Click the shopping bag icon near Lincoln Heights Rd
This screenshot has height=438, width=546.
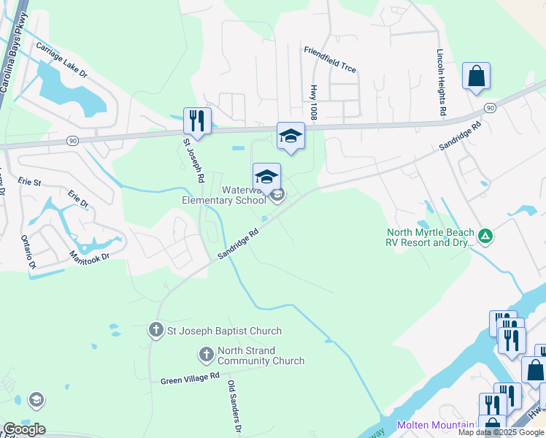(476, 77)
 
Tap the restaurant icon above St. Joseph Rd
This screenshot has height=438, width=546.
(197, 120)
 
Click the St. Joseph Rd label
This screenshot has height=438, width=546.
(194, 160)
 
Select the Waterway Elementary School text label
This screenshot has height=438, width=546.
(219, 195)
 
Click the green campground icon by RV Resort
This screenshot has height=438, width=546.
(485, 236)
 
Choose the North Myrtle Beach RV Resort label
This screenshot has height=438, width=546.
(430, 238)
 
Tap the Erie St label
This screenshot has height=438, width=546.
(30, 182)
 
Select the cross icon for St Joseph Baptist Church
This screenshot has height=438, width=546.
(155, 331)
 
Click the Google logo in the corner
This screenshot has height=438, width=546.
(24, 429)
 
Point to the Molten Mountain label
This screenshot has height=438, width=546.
(435, 425)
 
